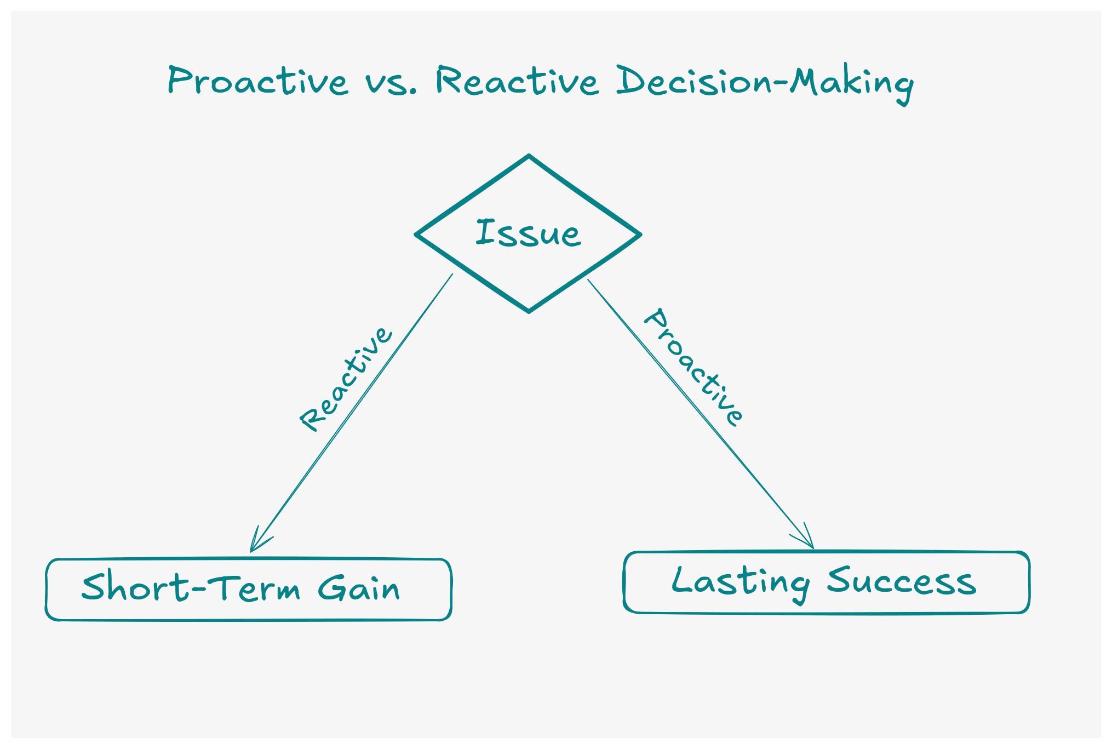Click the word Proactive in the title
tap(257, 81)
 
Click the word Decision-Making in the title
tap(765, 82)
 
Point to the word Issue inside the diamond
tap(528, 233)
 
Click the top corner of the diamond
tap(529, 156)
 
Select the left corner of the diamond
tap(417, 235)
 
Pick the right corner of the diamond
tap(640, 235)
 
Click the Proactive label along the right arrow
tap(693, 367)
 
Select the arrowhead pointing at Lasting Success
tap(811, 545)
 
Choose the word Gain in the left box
tap(359, 588)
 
